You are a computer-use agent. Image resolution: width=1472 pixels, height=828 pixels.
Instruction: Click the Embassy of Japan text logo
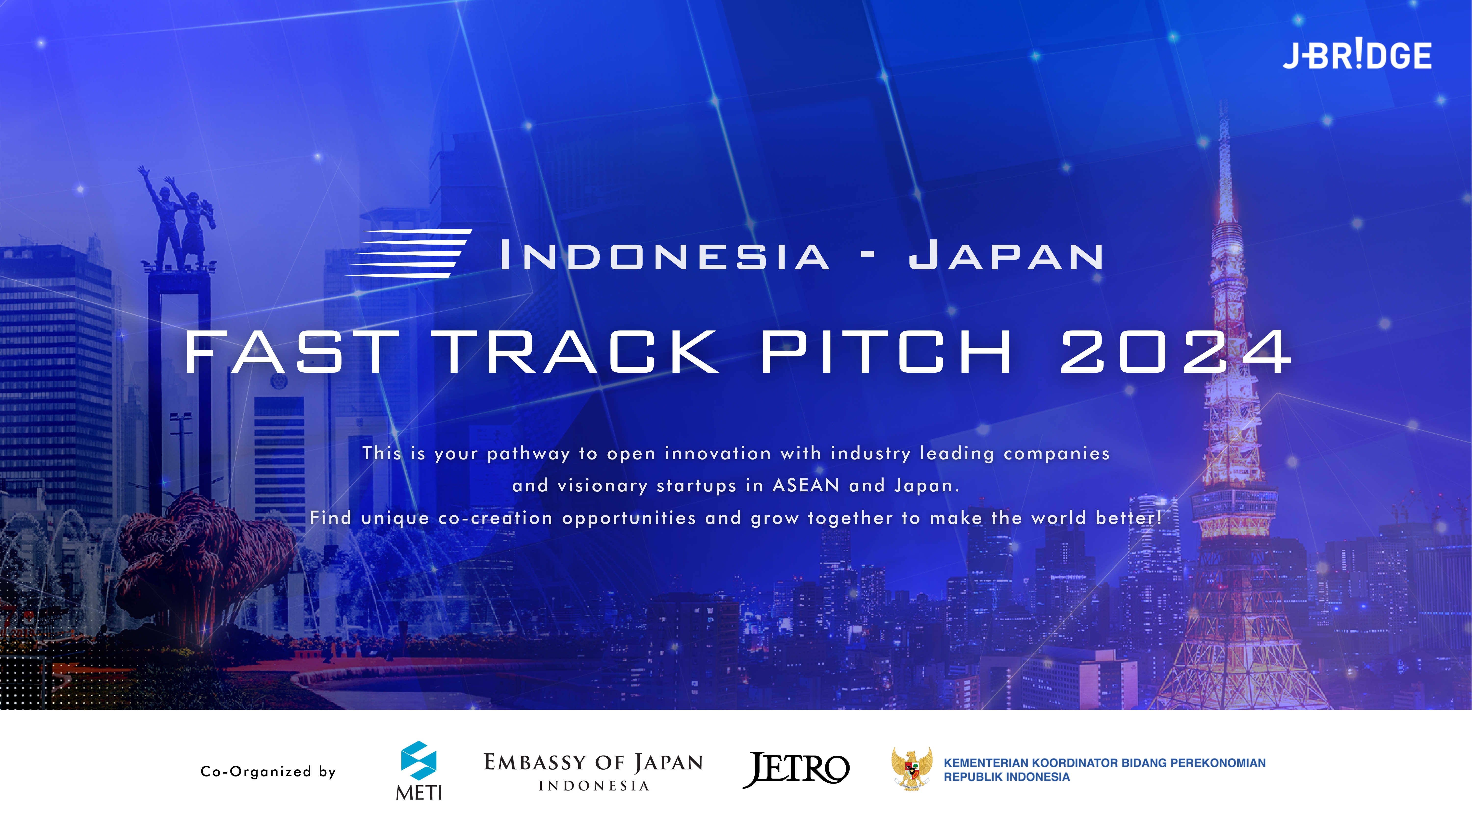(x=593, y=771)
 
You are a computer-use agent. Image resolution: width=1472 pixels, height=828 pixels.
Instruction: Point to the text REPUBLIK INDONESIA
(x=1006, y=777)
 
